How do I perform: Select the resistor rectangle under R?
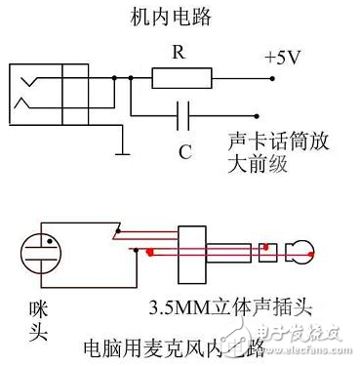tap(181, 77)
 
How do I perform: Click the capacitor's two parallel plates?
tap(180, 116)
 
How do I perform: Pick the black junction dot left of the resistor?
tap(134, 76)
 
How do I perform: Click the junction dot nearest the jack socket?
tap(116, 76)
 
